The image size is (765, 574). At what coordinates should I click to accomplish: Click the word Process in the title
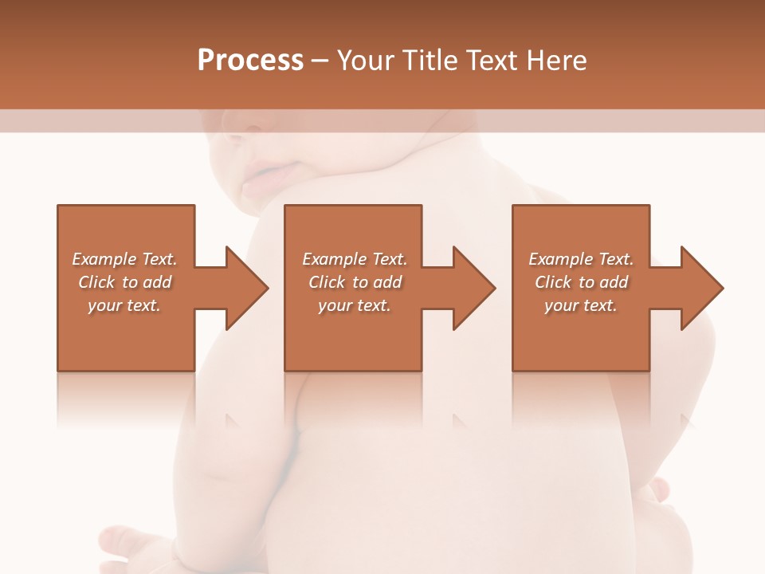(250, 61)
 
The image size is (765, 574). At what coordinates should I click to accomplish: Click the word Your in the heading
(365, 61)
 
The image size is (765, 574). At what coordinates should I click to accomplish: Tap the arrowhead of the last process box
(700, 288)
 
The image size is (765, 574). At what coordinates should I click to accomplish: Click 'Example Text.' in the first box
(124, 259)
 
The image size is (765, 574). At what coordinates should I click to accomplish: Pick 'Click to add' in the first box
(124, 282)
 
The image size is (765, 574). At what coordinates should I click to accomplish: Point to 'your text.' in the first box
(124, 305)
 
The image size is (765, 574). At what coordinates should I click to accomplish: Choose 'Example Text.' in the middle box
(354, 259)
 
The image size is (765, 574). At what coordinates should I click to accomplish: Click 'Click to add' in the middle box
(354, 282)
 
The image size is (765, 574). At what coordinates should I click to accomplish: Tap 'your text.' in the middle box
(354, 305)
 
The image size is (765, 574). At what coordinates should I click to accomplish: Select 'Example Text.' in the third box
(581, 259)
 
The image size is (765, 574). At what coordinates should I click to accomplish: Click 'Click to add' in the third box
(581, 282)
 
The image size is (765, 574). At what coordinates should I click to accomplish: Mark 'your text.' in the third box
(581, 305)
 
